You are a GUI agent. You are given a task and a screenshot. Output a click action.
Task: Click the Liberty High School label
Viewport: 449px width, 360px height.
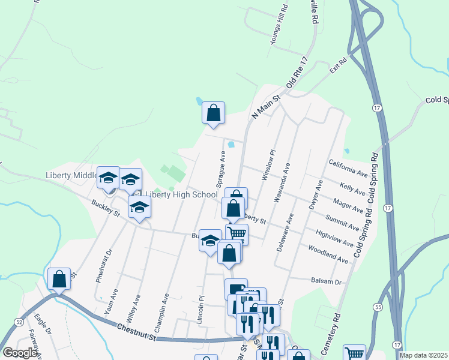pos(181,194)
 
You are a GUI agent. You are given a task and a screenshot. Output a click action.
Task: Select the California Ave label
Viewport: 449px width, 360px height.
pos(348,167)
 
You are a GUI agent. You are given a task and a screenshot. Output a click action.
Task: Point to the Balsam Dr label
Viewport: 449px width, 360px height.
pos(326,281)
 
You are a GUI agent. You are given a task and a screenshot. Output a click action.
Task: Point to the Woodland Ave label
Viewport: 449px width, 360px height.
pos(328,254)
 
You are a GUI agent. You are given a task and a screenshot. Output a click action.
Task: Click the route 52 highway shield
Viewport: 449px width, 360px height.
pos(19,322)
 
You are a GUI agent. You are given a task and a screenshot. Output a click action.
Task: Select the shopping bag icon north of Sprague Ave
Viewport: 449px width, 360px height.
pos(212,112)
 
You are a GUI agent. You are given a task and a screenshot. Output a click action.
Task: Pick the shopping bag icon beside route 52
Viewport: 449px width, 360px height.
pos(59,278)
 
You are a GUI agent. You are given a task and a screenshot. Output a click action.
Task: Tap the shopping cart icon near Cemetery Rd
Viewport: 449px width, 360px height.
pos(354,353)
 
